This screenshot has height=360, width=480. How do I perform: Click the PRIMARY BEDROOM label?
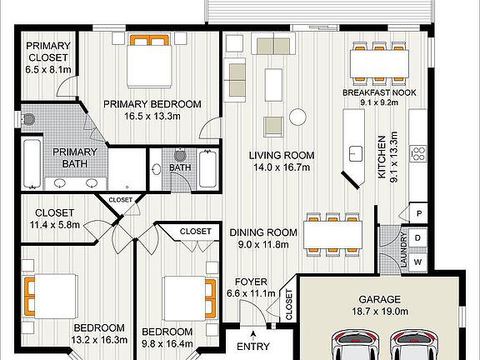[152, 104]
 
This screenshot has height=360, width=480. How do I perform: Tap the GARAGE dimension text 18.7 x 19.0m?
[380, 312]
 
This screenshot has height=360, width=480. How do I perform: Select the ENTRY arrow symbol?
[253, 335]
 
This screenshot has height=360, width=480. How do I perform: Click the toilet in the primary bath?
[27, 119]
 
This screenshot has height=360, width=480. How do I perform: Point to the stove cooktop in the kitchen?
[418, 153]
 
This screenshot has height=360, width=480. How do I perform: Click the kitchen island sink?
[356, 153]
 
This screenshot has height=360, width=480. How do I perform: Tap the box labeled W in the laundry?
[417, 262]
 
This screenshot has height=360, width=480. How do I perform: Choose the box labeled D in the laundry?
[417, 237]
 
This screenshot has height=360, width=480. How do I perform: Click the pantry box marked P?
[419, 213]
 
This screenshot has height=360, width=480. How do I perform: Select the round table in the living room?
[297, 117]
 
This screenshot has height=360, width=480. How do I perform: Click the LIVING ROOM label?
[282, 155]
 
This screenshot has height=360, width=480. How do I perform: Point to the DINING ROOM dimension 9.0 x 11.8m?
[263, 245]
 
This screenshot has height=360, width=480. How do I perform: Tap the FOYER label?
[251, 282]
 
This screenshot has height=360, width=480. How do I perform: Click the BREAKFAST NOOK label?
[379, 92]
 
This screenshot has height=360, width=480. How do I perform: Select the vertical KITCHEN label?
[382, 157]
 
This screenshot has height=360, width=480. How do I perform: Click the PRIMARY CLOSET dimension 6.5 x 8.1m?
[48, 69]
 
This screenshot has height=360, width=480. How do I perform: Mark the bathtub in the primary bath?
[32, 163]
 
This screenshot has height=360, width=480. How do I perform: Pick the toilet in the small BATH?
[181, 155]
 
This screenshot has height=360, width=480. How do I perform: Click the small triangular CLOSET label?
[120, 200]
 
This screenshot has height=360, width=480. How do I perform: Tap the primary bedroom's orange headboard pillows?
[149, 40]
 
